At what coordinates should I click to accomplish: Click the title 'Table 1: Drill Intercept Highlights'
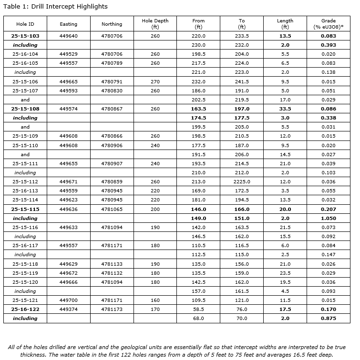[55, 7]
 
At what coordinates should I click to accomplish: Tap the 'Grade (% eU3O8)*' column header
[328, 24]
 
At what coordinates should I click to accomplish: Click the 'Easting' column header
[68, 24]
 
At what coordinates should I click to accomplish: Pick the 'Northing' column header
[112, 24]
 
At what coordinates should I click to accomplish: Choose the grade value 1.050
[328, 218]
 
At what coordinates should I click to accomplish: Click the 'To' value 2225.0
[242, 182]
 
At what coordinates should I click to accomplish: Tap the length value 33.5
[285, 109]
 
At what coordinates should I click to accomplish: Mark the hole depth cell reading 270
[155, 82]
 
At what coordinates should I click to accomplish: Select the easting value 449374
[68, 309]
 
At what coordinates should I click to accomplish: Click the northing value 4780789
[112, 63]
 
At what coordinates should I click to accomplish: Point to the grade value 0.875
[328, 318]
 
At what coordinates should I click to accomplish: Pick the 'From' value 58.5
[198, 309]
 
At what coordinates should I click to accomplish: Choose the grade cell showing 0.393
[328, 45]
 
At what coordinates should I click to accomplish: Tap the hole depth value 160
[155, 300]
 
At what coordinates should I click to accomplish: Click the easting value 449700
[68, 300]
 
